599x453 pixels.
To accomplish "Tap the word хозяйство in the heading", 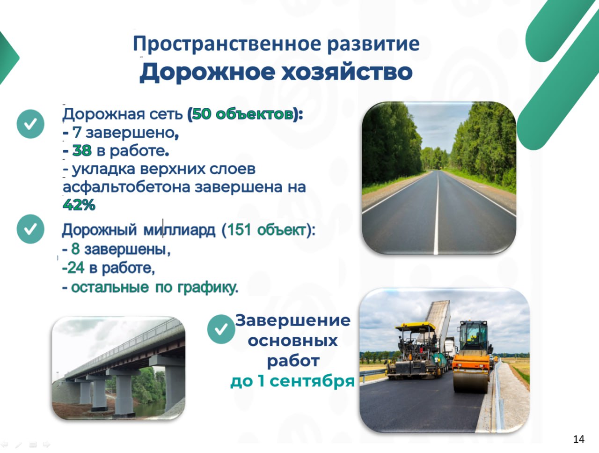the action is [x=347, y=72].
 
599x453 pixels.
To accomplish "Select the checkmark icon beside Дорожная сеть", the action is [x=30, y=124].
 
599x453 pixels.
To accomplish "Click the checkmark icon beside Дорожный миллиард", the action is [x=30, y=229].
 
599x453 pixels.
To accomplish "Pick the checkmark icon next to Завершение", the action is [x=221, y=329].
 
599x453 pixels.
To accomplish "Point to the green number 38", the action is [x=82, y=150].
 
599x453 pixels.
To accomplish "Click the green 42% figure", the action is [x=79, y=205].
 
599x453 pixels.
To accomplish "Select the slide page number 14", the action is [x=579, y=439].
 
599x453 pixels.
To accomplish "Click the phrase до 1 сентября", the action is [x=292, y=382].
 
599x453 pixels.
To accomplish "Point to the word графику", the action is [x=208, y=288].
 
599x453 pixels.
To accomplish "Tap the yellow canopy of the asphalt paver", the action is [x=416, y=326].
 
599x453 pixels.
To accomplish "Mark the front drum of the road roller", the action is [x=470, y=382].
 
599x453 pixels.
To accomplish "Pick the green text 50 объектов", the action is [x=242, y=114].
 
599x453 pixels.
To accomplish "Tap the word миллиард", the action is [x=179, y=230].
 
